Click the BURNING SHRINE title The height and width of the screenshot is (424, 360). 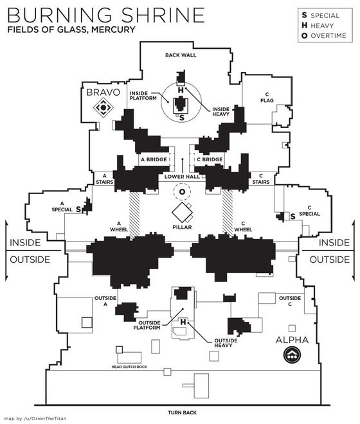106,15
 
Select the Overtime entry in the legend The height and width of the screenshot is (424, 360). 324,36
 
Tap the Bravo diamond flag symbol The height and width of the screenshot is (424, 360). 103,108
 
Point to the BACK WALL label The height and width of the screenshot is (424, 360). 181,55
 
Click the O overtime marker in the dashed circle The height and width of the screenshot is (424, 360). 182,192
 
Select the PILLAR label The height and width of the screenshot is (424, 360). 182,227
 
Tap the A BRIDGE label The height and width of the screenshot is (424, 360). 154,159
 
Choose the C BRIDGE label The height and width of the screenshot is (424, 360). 210,159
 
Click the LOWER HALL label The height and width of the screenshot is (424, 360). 182,177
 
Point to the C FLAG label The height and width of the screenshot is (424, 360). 267,98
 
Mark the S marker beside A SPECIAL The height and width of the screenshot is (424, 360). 78,209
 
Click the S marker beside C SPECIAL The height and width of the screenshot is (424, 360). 292,216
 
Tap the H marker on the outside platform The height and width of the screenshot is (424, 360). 183,322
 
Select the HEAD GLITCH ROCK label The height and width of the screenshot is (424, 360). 129,367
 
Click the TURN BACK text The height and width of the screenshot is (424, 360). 182,412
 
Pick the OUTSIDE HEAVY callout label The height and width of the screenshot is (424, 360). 226,343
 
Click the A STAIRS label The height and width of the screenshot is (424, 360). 105,179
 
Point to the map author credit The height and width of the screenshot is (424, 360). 35,419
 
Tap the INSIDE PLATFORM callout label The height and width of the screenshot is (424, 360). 143,96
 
